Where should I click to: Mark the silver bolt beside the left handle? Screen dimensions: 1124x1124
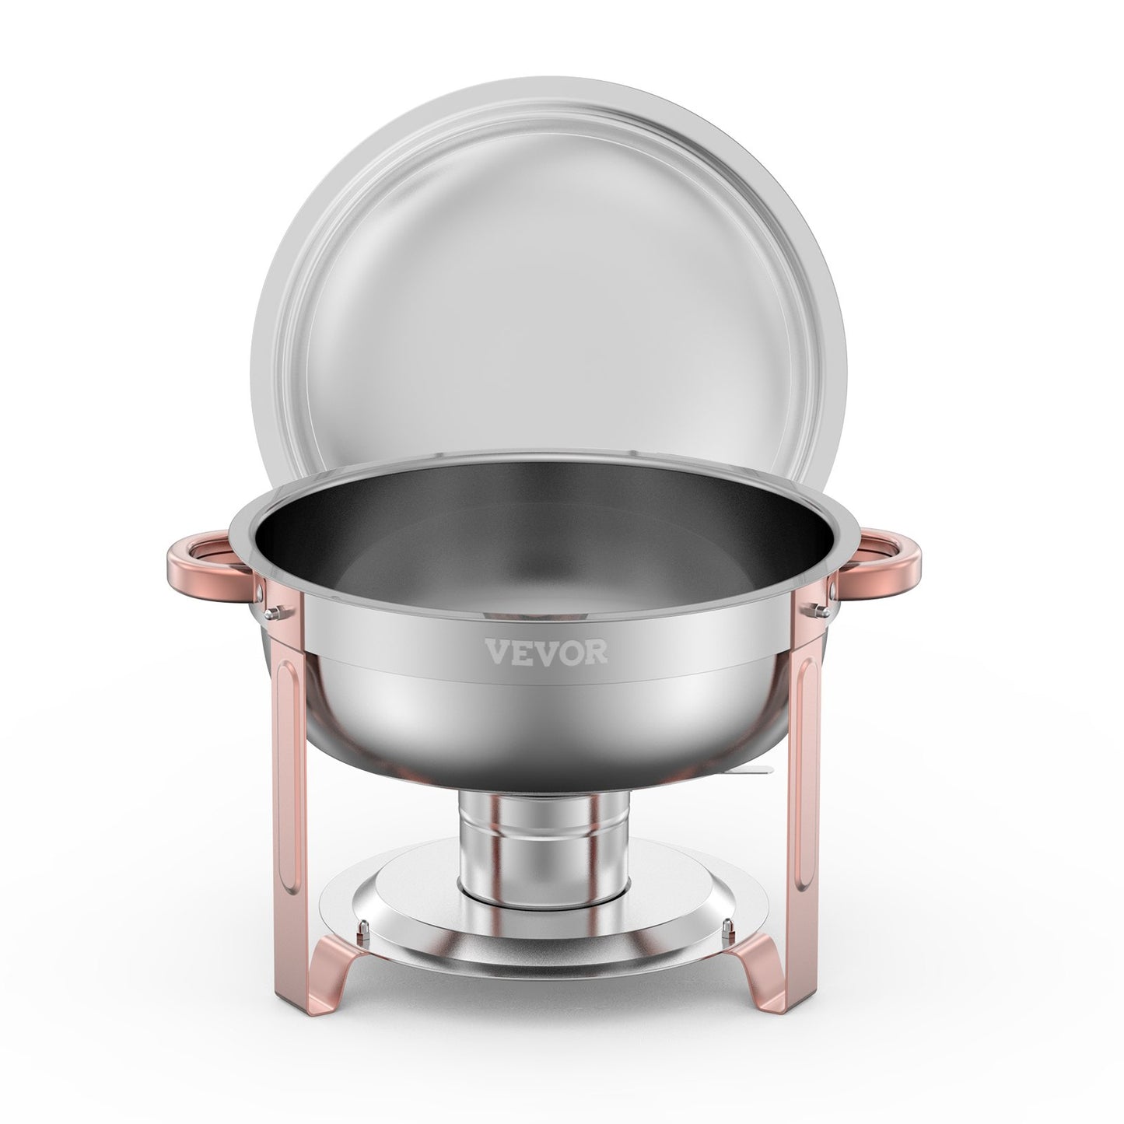(269, 596)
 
